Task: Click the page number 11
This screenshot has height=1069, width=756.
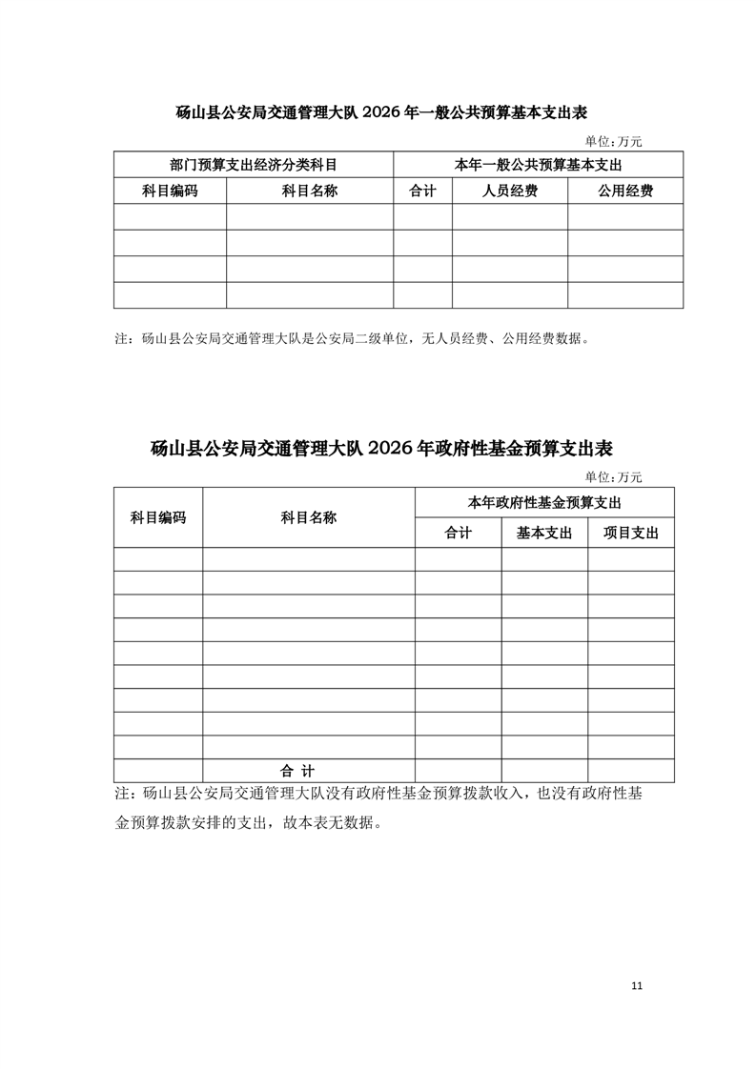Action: pyautogui.click(x=637, y=986)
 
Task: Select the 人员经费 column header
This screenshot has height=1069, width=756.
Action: pyautogui.click(x=509, y=192)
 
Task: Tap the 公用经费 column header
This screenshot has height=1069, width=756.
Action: pyautogui.click(x=625, y=192)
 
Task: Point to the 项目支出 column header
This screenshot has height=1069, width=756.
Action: pyautogui.click(x=631, y=534)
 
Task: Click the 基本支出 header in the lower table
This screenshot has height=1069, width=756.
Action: pyautogui.click(x=544, y=534)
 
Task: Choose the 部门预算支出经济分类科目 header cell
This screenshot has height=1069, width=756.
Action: pyautogui.click(x=253, y=165)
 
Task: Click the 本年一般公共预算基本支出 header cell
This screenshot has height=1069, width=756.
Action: pyautogui.click(x=539, y=165)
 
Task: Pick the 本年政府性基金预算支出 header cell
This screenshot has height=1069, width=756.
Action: pyautogui.click(x=544, y=502)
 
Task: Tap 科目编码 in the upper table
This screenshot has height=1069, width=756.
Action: pyautogui.click(x=170, y=192)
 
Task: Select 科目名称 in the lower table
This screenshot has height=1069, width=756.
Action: pyautogui.click(x=308, y=518)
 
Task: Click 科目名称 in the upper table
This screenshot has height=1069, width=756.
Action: pyautogui.click(x=310, y=192)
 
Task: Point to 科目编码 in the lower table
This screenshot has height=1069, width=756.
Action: pyautogui.click(x=158, y=518)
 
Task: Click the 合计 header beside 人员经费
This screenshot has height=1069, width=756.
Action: pyautogui.click(x=422, y=192)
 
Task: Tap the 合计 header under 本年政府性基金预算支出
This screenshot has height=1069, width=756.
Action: pyautogui.click(x=459, y=534)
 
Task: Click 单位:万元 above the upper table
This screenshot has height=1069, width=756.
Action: pyautogui.click(x=613, y=142)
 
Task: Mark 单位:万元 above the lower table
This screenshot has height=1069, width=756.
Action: pyautogui.click(x=613, y=477)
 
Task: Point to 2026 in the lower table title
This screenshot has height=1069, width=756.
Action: pyautogui.click(x=392, y=448)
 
